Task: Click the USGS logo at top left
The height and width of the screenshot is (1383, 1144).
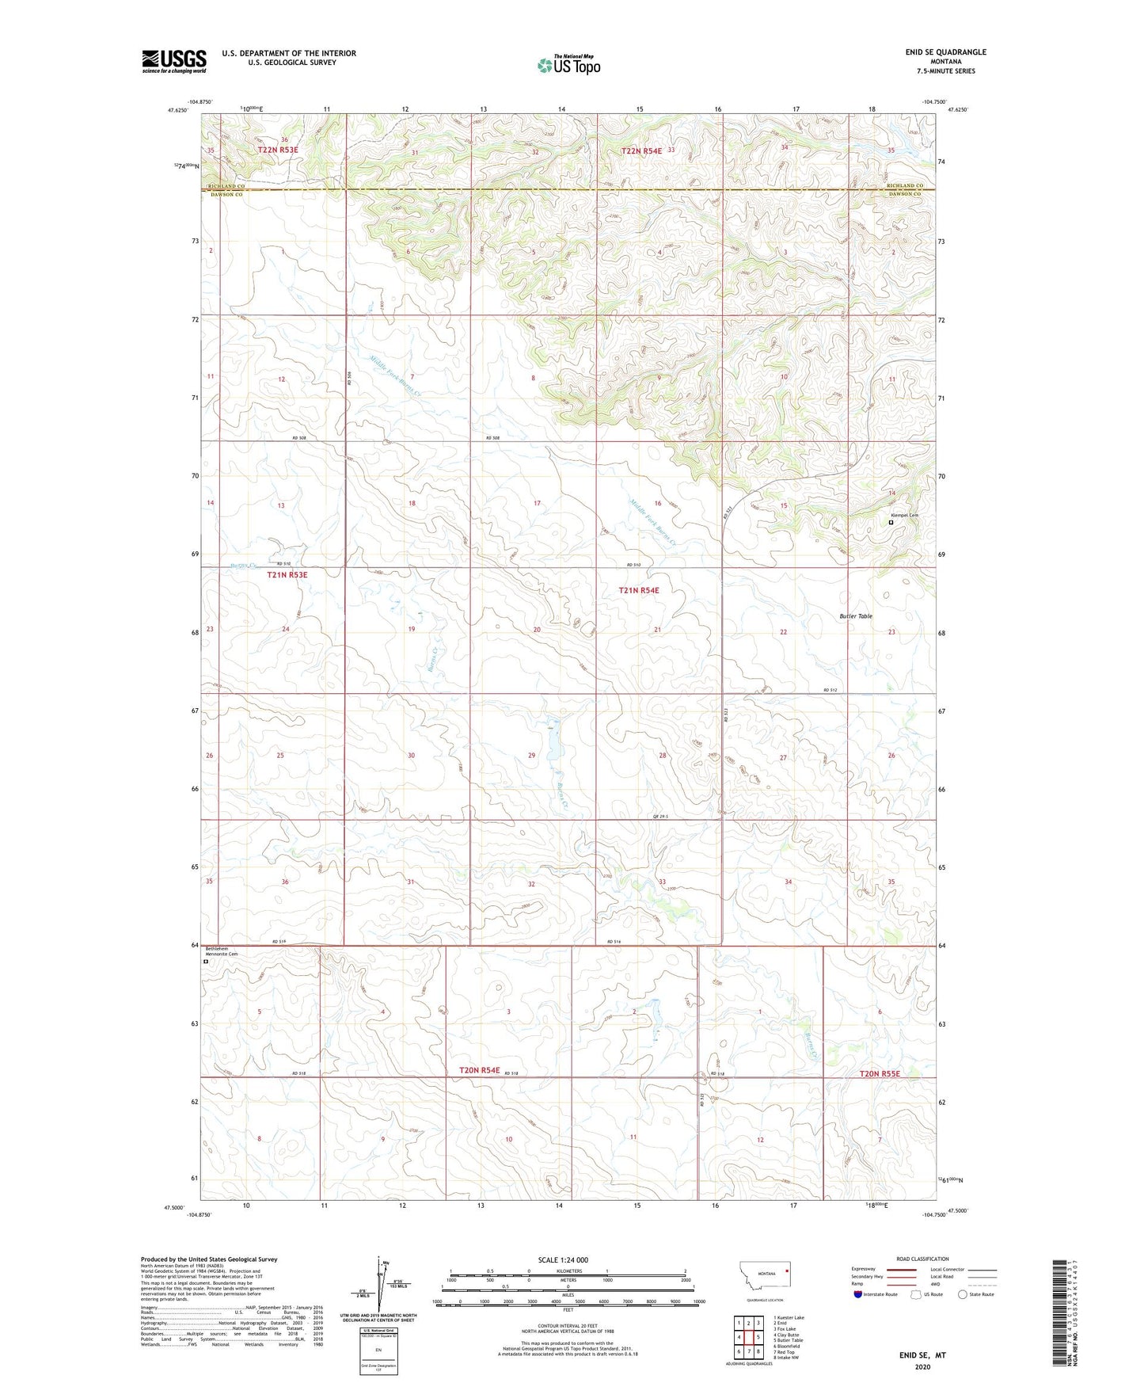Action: [173, 61]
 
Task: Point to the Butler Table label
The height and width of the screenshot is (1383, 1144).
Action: [856, 615]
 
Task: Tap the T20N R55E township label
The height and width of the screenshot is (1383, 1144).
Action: [880, 1073]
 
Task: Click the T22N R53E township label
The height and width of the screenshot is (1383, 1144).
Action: [277, 149]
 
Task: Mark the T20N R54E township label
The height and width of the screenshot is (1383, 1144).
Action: [479, 1070]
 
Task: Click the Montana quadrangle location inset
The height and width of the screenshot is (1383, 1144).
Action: [764, 1280]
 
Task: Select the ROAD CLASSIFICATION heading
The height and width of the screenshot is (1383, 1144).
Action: [922, 1259]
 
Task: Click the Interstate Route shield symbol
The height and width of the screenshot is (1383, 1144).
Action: [859, 1294]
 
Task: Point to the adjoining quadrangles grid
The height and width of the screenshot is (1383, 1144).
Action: [748, 1336]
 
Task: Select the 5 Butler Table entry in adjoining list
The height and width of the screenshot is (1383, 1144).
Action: [788, 1340]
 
